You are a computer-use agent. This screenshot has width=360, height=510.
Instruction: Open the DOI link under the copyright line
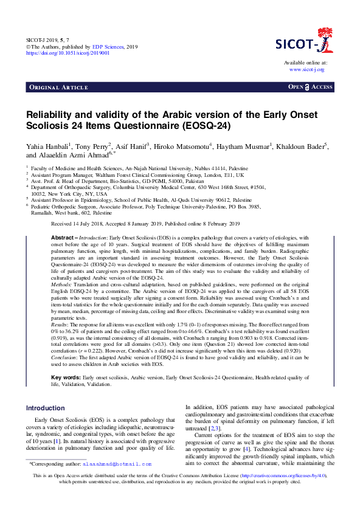pyautogui.click(x=67, y=53)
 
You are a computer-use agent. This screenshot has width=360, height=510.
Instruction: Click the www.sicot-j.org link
pyautogui.click(x=307, y=70)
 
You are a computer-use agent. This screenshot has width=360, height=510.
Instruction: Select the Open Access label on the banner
pyautogui.click(x=310, y=88)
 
